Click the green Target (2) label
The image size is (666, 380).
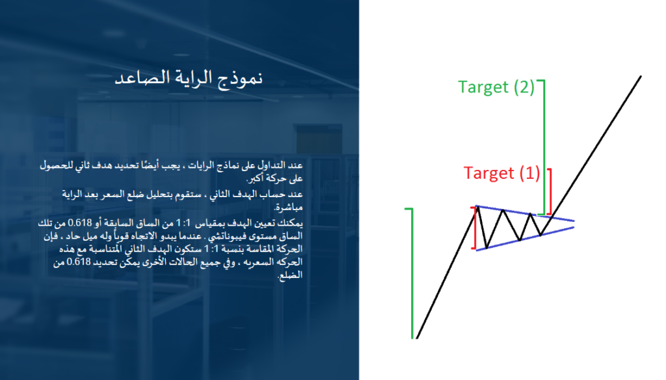pos(496,87)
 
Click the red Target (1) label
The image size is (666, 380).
pos(501,174)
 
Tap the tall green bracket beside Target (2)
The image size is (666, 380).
pos(544,147)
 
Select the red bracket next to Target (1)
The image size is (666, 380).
pos(550,191)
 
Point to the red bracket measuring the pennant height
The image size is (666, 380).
pos(474,228)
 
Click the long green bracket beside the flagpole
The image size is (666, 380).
pos(412,273)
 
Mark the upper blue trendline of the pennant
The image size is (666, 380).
pos(526,213)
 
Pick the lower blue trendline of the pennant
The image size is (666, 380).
pos(526,239)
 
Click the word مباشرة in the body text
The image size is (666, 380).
pos(288,208)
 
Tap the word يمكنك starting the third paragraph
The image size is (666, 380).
pos(291,223)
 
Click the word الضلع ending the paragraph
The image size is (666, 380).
pos(290,275)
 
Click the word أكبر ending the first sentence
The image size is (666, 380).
pos(257,178)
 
